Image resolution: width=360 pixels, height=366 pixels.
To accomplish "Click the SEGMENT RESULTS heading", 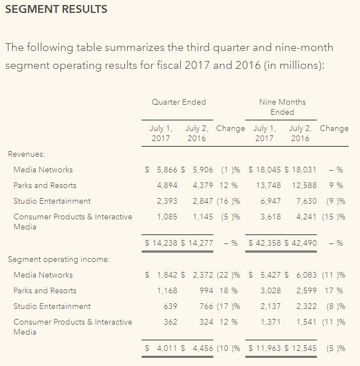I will pyautogui.click(x=56, y=10).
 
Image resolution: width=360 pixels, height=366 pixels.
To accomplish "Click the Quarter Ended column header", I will pyautogui.click(x=179, y=102).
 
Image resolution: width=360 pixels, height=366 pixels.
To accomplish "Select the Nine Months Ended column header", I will pyautogui.click(x=282, y=107).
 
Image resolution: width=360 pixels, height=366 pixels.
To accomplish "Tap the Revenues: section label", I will pyautogui.click(x=26, y=154).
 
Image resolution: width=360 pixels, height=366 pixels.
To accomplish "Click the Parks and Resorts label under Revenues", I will pyautogui.click(x=45, y=185).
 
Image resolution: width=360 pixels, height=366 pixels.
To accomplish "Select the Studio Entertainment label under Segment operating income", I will pyautogui.click(x=52, y=306).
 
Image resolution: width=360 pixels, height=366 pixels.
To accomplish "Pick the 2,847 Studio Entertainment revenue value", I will pyautogui.click(x=203, y=201).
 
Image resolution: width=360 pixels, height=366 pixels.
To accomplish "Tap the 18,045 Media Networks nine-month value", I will pyautogui.click(x=269, y=170).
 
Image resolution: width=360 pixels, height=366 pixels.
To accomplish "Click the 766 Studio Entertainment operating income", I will pyautogui.click(x=206, y=306).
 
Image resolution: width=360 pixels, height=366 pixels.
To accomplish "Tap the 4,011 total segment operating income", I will pyautogui.click(x=167, y=348).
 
